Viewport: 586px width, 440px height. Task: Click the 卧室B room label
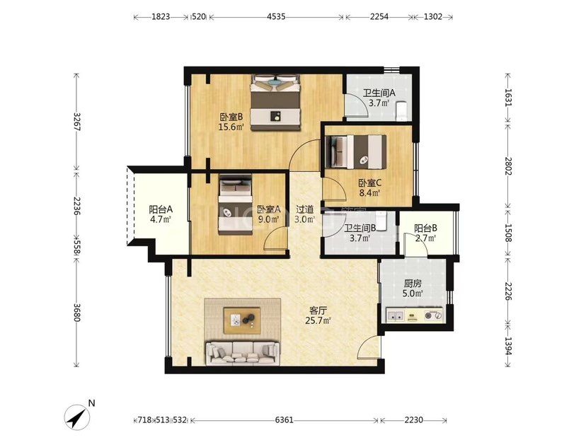231,117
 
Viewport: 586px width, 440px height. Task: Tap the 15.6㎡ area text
231,127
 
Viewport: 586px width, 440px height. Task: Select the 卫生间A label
379,93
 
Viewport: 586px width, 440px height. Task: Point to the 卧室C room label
369,183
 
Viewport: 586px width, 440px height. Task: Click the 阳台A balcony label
161,209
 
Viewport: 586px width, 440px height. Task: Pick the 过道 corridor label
304,209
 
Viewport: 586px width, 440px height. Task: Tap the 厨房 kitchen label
413,284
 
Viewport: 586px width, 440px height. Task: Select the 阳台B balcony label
425,228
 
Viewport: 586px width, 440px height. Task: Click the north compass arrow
77,417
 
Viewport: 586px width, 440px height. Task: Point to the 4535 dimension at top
276,17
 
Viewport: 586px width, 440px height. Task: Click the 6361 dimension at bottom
284,420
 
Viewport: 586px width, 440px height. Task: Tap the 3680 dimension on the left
77,312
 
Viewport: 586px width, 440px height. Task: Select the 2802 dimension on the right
508,166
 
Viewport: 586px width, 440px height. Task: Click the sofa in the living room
242,354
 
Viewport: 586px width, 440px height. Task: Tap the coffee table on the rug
242,320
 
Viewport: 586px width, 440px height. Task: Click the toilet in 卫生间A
401,110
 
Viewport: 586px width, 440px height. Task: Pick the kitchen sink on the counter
395,316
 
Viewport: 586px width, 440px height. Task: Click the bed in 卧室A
235,204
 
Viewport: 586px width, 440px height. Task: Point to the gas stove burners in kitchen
433,316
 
